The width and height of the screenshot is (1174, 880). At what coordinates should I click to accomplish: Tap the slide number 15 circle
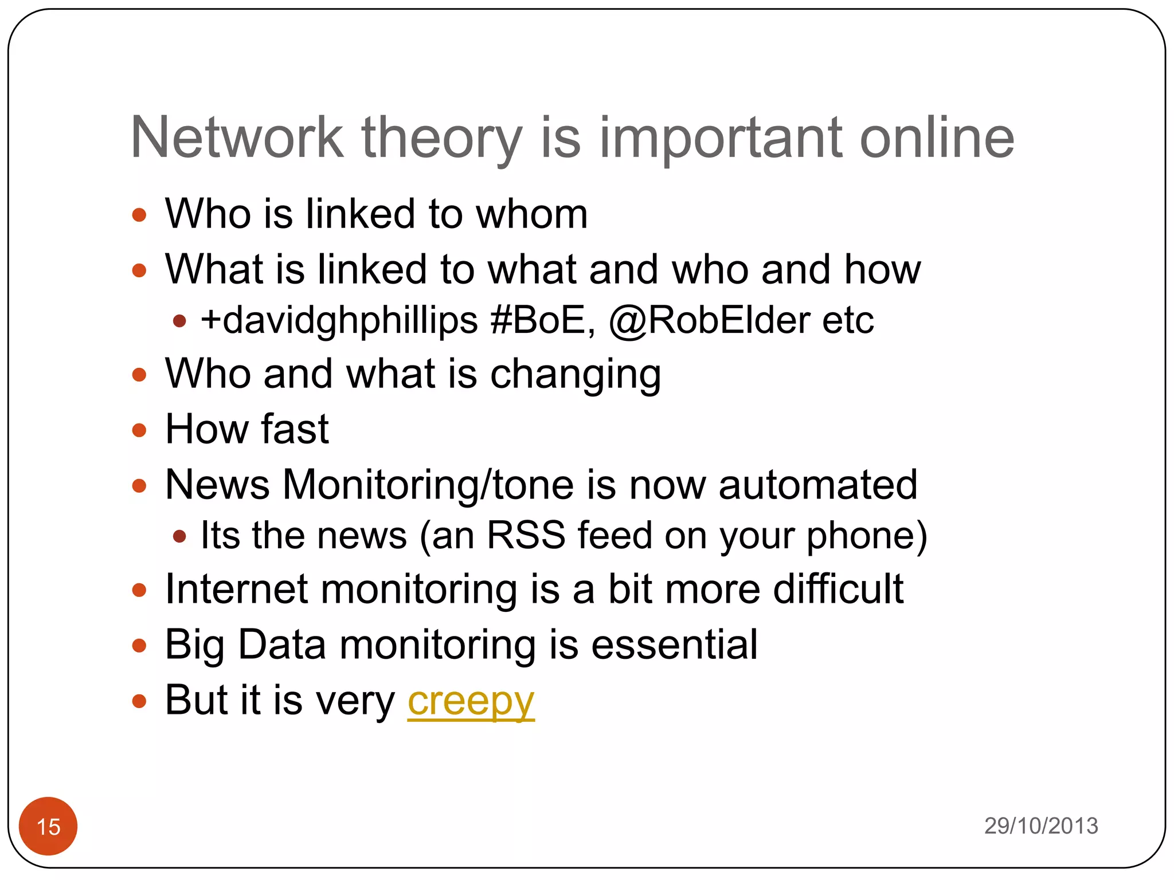[48, 826]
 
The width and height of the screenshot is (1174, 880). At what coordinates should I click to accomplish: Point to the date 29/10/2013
[1041, 826]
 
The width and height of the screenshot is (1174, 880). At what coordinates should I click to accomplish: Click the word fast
[295, 429]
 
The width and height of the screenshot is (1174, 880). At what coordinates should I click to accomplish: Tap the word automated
[818, 485]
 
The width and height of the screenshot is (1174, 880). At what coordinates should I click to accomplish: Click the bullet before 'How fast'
[139, 430]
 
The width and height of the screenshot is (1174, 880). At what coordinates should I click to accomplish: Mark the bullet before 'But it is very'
[139, 701]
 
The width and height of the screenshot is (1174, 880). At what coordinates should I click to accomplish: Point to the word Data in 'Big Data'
[281, 645]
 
